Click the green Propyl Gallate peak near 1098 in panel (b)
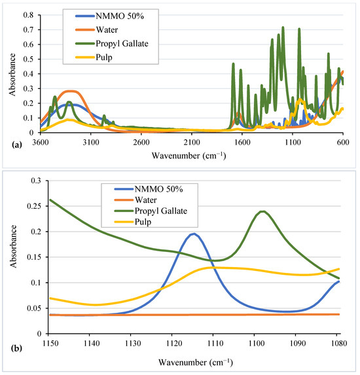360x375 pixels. tap(262, 211)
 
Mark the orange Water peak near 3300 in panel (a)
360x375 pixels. tap(71, 92)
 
